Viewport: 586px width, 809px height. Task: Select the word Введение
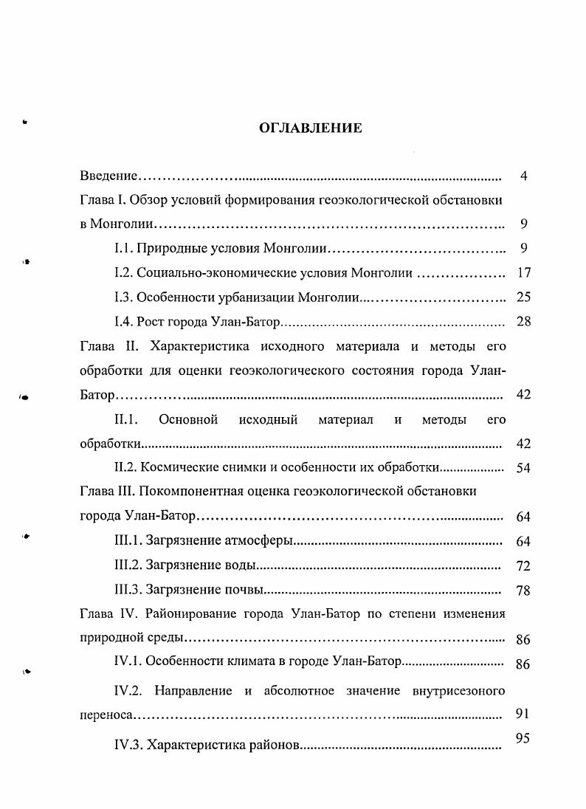(x=109, y=176)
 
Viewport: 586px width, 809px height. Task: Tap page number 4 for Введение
(x=523, y=176)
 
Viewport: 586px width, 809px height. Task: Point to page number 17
(x=523, y=272)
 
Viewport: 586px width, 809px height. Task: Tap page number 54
(x=523, y=468)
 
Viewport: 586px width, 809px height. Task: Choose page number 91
(x=523, y=714)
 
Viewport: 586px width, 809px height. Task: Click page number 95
(x=523, y=737)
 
